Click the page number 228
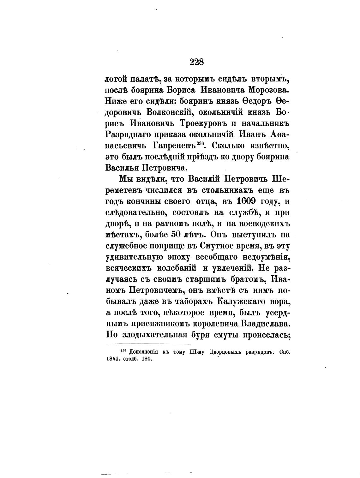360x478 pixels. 197,62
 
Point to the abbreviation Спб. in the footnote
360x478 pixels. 285,352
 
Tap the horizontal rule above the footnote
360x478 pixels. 148,344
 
